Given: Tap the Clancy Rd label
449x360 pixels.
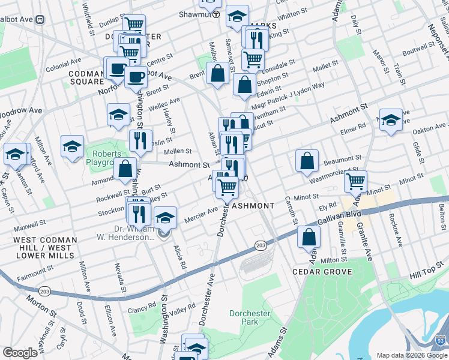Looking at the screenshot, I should click(x=141, y=310).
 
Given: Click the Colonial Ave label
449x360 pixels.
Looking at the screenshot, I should click(x=63, y=61).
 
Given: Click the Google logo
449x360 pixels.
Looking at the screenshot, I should click(x=20, y=353).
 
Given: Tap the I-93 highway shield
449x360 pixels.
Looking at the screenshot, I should click(x=441, y=340).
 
